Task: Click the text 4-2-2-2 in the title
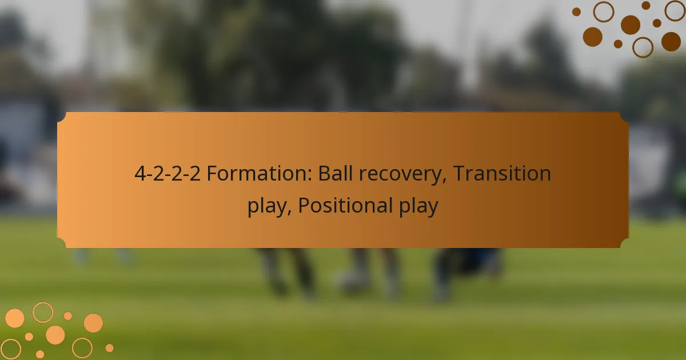click(167, 174)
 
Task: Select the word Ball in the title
click(336, 174)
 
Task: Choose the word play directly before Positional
click(267, 206)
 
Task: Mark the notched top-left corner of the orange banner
click(62, 117)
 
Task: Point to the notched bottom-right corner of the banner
click(624, 243)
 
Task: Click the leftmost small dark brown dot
click(576, 11)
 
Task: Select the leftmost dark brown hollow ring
click(603, 11)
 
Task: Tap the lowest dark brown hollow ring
click(643, 47)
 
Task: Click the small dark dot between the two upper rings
click(645, 6)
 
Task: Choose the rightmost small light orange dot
click(109, 347)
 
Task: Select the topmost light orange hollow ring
click(43, 312)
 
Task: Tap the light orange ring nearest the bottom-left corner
click(11, 349)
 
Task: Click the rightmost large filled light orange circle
click(93, 323)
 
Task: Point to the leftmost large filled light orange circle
click(14, 318)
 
